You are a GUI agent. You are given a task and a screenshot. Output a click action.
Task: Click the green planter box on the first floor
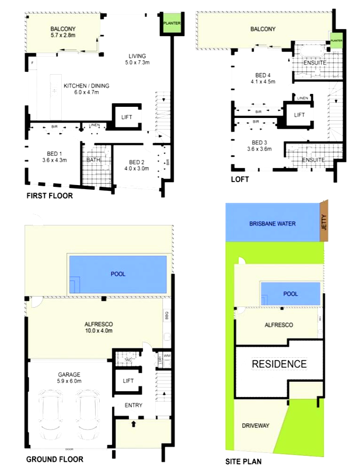tap(169, 23)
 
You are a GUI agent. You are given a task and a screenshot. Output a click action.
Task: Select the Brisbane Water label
tap(272, 224)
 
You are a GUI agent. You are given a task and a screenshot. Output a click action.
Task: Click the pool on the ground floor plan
tap(118, 274)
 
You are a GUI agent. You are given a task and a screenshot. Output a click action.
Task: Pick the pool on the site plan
tap(290, 294)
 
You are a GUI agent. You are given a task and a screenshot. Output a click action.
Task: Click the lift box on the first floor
tap(127, 117)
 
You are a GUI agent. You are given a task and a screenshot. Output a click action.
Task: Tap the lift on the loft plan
tap(299, 115)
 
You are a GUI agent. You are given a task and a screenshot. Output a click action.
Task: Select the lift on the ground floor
tap(127, 381)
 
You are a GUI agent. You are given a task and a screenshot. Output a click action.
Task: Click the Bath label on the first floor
tap(93, 159)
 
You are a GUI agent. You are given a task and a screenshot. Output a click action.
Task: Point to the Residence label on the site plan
tap(279, 364)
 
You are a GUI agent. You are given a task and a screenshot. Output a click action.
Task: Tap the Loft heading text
tap(239, 179)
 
